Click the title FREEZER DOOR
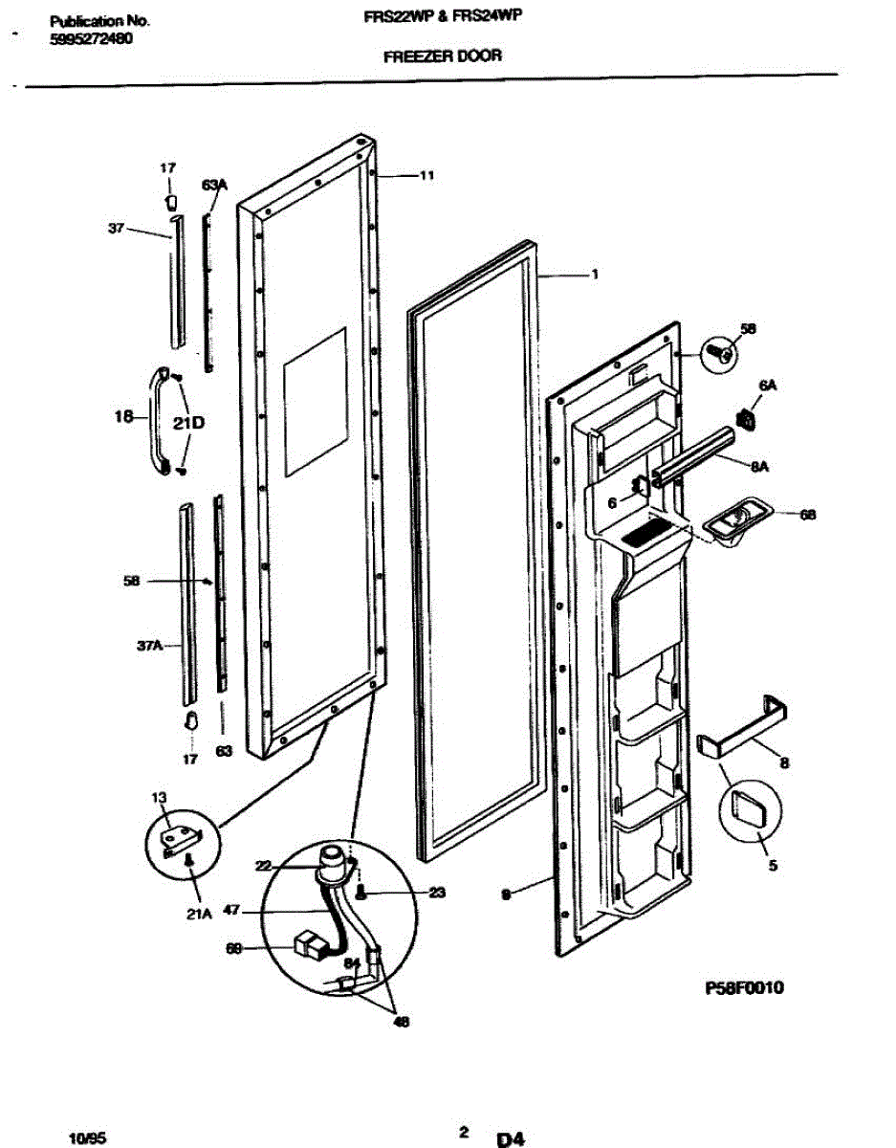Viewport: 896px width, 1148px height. click(442, 56)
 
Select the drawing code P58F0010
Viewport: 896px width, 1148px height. click(744, 987)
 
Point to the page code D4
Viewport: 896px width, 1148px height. click(510, 1138)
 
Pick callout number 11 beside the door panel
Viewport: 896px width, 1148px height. click(426, 175)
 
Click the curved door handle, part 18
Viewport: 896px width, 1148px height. click(157, 421)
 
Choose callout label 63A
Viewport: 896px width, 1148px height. click(213, 188)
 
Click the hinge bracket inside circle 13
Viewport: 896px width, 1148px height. click(182, 839)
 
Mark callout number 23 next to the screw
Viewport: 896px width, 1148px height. click(437, 893)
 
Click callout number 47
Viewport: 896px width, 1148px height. click(230, 912)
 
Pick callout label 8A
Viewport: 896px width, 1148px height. click(760, 466)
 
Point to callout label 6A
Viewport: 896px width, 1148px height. click(767, 385)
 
